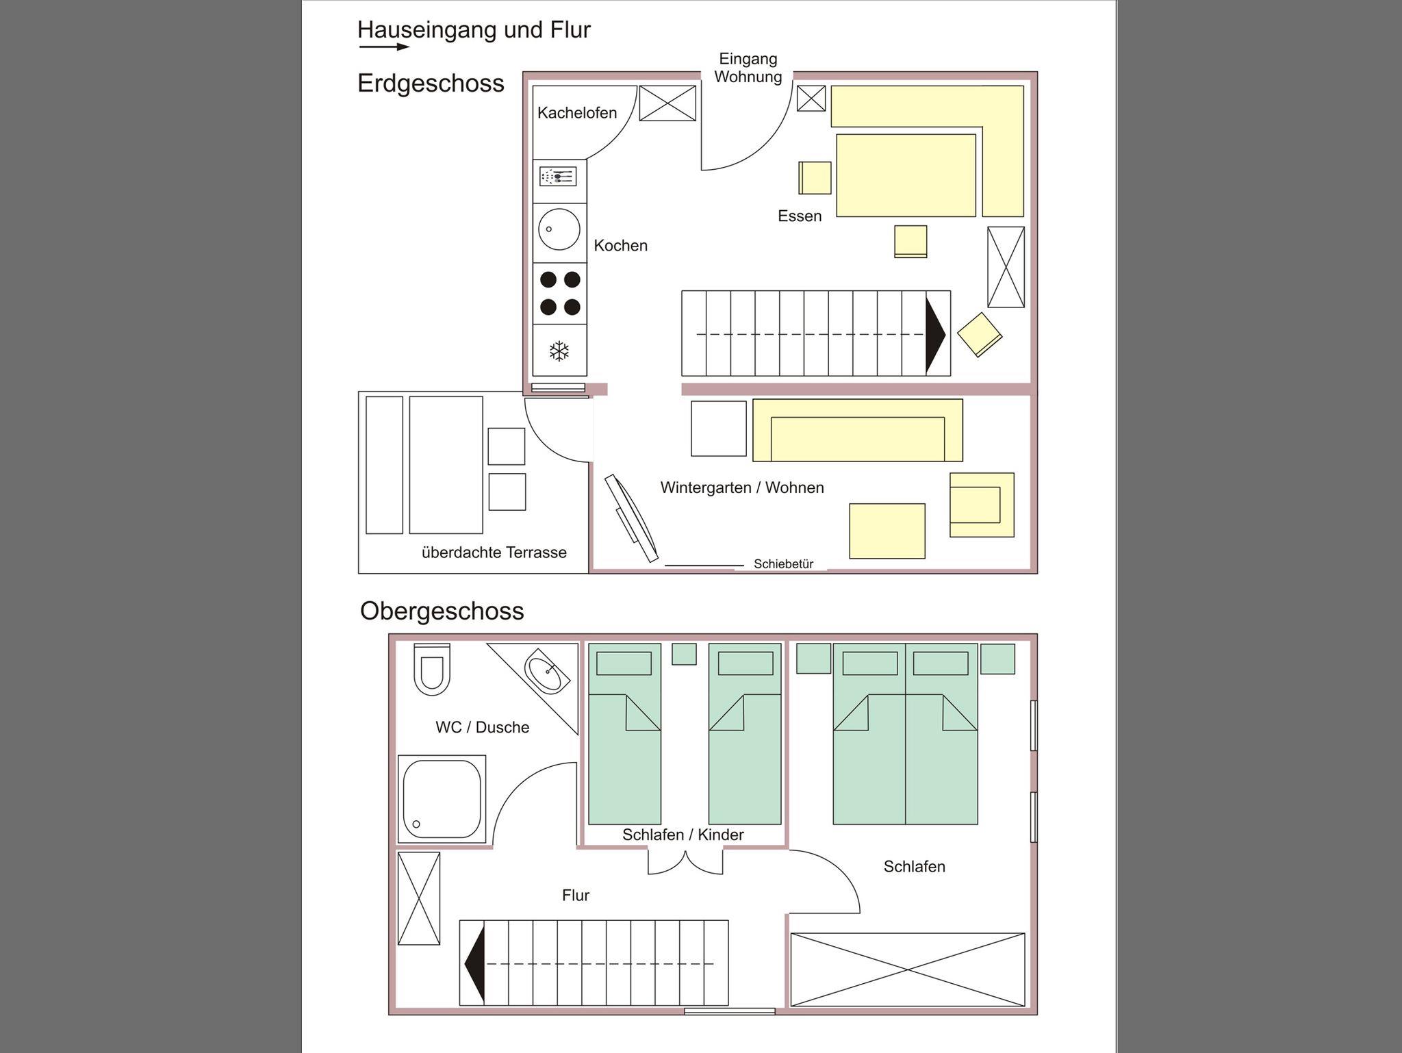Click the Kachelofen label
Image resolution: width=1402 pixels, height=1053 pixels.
(577, 113)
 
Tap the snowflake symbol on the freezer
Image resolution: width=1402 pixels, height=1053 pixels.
(559, 352)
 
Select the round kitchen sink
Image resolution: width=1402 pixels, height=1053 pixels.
(559, 229)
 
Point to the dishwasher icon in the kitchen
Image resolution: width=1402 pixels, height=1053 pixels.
(558, 177)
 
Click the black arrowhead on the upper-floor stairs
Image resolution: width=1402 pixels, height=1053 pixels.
(474, 964)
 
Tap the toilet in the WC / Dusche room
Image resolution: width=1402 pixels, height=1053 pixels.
(432, 670)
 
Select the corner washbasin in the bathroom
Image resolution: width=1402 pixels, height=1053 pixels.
(547, 671)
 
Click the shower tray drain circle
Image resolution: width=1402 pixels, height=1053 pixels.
(416, 824)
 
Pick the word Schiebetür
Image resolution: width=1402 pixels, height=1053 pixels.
(783, 564)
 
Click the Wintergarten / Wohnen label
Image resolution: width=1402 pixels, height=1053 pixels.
(742, 487)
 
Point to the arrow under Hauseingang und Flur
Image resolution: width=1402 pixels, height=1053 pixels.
(384, 47)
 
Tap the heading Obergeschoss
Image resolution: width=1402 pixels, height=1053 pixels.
(442, 611)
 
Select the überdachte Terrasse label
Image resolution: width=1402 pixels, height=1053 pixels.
(494, 553)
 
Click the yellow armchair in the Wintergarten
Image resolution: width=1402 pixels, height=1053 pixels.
(982, 505)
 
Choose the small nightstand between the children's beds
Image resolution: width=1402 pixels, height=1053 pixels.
(684, 654)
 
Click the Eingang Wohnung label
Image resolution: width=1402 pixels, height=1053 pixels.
(748, 68)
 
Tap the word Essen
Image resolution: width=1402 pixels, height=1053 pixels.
(800, 216)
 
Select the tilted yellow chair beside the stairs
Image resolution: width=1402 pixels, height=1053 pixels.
(980, 334)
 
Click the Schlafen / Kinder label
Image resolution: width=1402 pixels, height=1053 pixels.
(683, 835)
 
